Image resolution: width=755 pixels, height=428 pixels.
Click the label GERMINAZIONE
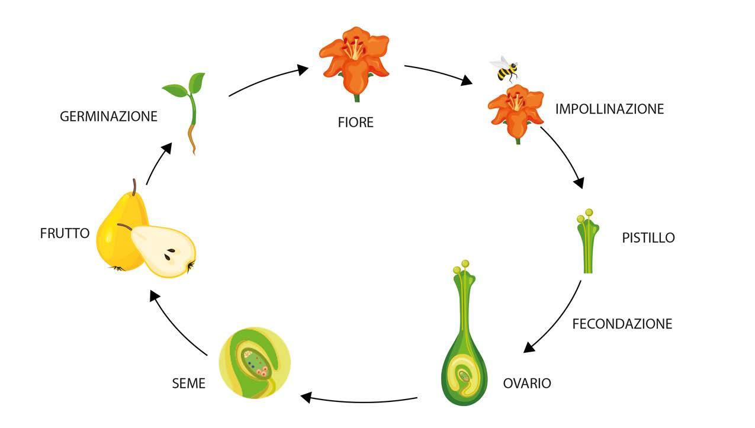point(108,117)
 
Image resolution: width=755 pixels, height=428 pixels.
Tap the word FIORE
point(355,123)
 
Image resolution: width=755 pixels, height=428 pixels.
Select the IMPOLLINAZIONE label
point(609,109)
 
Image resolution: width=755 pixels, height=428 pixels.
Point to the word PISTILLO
point(648,238)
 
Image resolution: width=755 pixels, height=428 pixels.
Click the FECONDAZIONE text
point(622,324)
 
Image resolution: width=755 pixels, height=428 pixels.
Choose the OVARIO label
point(526,384)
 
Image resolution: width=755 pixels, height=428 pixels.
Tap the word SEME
point(188,384)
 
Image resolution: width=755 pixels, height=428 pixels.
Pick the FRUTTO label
point(65,233)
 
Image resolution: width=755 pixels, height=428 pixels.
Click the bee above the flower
point(505,69)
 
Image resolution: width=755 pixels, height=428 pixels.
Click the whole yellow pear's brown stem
point(135,187)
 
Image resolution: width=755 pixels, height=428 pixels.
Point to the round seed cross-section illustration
point(255,363)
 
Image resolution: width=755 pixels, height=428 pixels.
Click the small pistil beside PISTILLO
point(587,243)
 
